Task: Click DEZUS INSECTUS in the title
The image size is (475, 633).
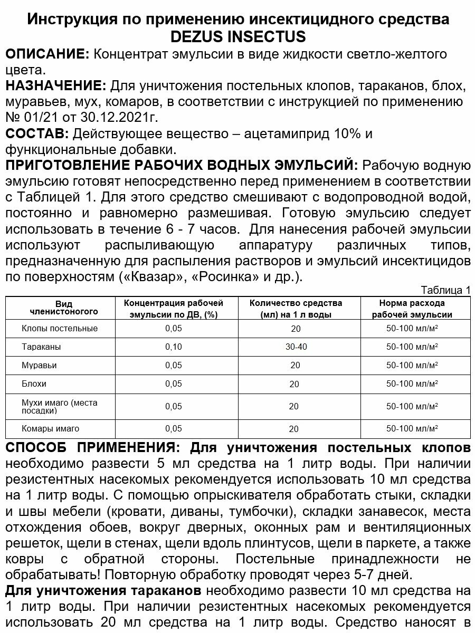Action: [x=238, y=37]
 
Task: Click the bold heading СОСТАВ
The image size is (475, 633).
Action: [x=36, y=133]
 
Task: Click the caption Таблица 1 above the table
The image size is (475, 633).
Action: [x=445, y=290]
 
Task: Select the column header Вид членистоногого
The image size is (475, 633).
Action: [x=64, y=308]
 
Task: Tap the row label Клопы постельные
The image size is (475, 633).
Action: [x=60, y=328]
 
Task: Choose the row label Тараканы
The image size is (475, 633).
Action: [x=42, y=347]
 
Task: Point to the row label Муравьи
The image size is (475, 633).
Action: [x=40, y=365]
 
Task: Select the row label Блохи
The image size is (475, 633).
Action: [x=34, y=383]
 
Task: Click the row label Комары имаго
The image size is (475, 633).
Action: [x=51, y=428]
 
